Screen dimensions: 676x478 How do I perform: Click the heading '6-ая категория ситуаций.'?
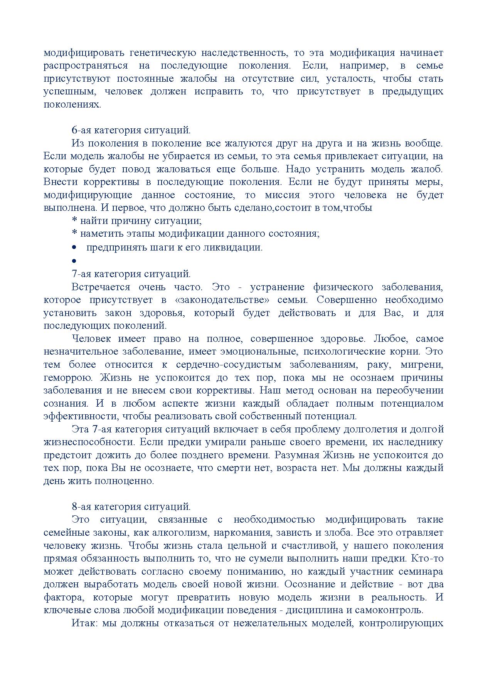[131, 130]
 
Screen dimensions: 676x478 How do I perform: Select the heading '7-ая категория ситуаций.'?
[131, 274]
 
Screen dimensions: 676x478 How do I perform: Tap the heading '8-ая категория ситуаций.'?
[131, 506]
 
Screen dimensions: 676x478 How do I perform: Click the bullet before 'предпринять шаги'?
[74, 247]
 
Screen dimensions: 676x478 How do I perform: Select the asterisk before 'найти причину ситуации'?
[75, 221]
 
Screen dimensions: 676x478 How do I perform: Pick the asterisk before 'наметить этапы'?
[75, 234]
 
